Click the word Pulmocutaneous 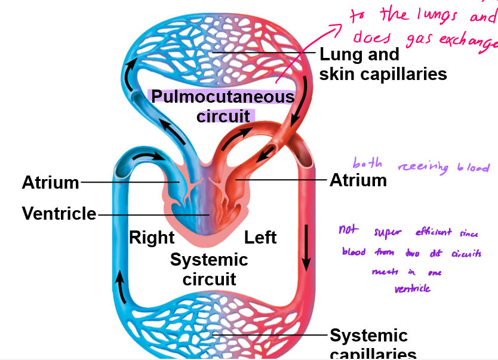click(222, 96)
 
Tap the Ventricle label click(59, 213)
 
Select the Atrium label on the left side click(50, 182)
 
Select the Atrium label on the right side click(358, 180)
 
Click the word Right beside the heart click(152, 238)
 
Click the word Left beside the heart click(260, 238)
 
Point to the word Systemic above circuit click(209, 260)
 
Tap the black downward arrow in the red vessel click(306, 255)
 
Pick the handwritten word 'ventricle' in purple click(412, 288)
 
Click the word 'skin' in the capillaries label click(339, 74)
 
